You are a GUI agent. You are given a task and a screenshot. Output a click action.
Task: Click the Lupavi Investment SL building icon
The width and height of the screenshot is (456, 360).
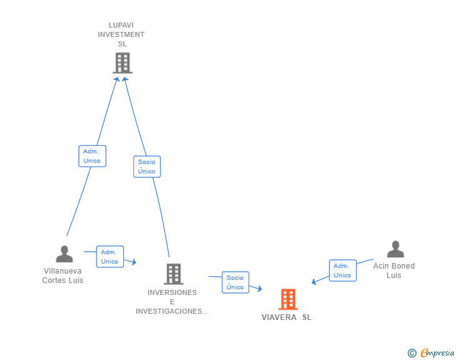(x=122, y=63)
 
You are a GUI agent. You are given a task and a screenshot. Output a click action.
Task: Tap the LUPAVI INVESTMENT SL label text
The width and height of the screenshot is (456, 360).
(x=121, y=34)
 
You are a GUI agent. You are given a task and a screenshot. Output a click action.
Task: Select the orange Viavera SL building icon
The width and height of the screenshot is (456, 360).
(x=288, y=299)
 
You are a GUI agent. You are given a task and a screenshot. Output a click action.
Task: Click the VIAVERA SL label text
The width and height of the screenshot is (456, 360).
(x=286, y=317)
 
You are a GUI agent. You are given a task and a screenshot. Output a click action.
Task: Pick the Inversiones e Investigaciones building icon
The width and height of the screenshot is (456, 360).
(x=174, y=274)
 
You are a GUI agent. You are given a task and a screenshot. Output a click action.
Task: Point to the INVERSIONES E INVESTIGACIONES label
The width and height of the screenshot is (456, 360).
(x=172, y=302)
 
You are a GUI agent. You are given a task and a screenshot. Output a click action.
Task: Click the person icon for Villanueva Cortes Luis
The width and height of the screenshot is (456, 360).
(x=64, y=254)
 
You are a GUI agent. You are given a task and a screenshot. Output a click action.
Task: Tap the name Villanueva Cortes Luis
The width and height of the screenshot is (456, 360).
(x=63, y=275)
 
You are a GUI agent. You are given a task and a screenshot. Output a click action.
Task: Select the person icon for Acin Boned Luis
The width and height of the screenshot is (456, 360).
(x=395, y=249)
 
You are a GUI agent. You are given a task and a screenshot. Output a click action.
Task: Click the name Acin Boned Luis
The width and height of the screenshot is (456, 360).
(x=394, y=270)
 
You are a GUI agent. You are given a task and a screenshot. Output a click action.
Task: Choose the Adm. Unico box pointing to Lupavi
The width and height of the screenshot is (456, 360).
(x=92, y=156)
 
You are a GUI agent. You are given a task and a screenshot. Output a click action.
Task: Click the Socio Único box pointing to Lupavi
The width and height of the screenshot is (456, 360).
(x=147, y=167)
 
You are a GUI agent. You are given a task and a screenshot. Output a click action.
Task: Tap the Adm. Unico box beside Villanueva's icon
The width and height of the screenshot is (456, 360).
(x=110, y=257)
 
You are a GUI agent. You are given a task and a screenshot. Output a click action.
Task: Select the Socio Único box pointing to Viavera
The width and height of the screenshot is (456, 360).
(x=235, y=282)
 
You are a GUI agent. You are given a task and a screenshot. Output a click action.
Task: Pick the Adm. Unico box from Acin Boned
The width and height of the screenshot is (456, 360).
(x=342, y=270)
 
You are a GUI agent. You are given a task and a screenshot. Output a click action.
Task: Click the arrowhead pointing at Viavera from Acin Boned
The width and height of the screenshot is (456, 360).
(x=314, y=282)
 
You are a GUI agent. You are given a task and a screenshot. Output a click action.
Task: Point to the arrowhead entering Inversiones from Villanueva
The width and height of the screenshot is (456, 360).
(x=133, y=262)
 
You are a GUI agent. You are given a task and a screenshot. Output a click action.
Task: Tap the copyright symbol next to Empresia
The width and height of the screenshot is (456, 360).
(x=412, y=353)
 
